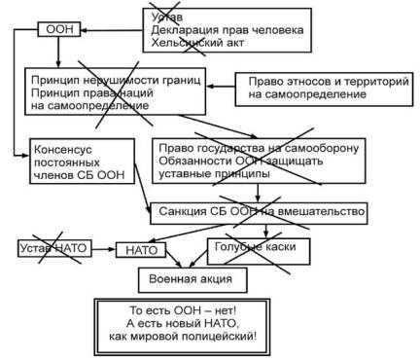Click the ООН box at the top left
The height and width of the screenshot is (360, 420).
59,29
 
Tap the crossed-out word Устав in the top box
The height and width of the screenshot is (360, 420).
167,17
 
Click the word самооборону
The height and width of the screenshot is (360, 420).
320,148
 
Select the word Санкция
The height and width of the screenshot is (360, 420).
183,211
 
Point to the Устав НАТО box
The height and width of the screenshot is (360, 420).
54,248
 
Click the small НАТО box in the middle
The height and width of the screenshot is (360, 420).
141,250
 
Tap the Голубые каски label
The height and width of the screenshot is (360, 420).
256,247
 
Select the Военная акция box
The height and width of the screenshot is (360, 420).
192,280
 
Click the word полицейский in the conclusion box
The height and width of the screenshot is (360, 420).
219,336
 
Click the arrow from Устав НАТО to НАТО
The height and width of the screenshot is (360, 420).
104,249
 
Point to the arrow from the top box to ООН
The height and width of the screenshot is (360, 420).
112,30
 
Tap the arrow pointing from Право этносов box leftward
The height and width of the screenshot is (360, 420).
221,87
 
